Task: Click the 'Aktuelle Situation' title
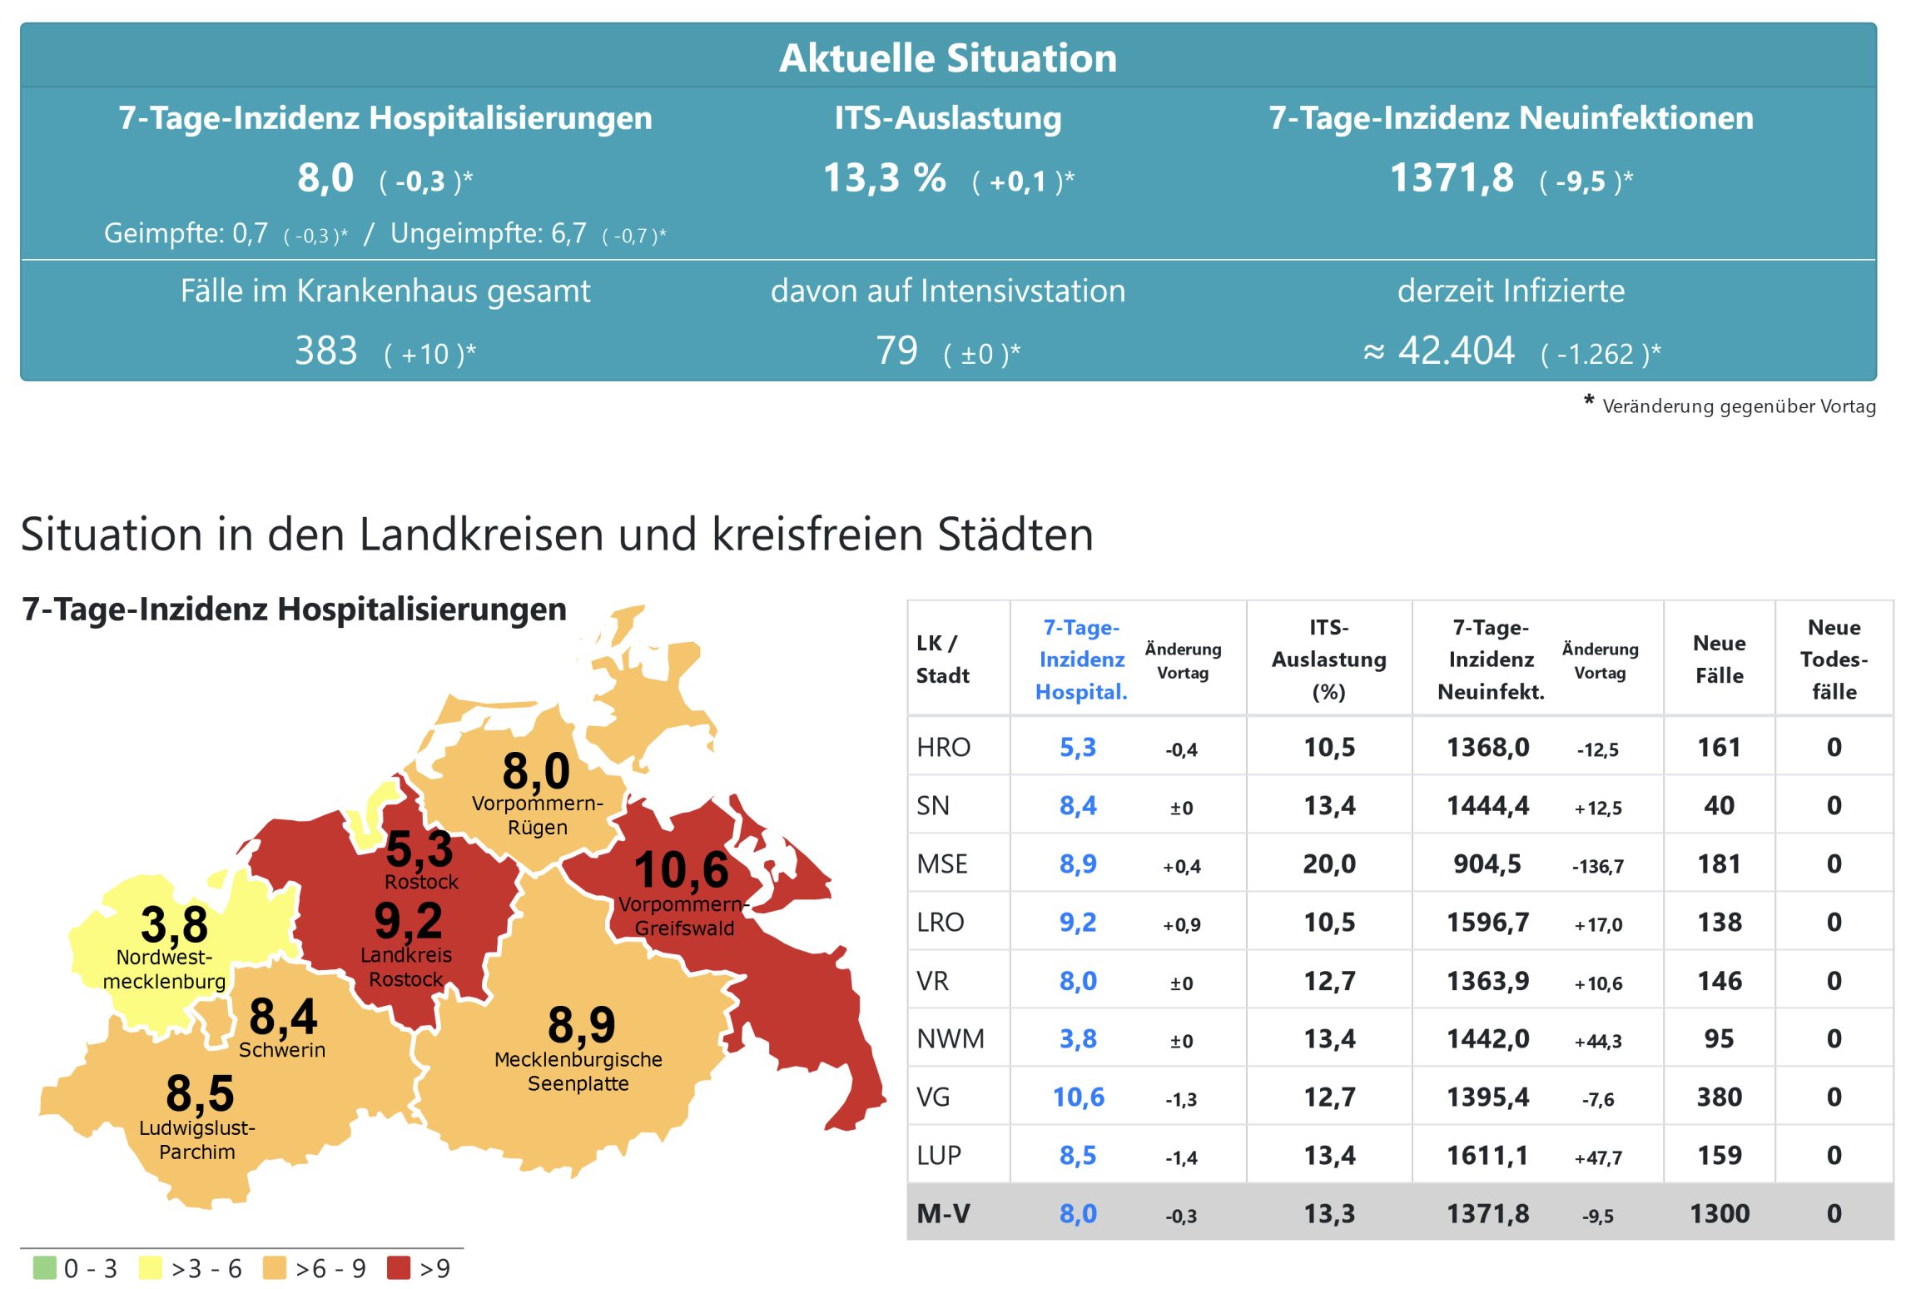pyautogui.click(x=947, y=58)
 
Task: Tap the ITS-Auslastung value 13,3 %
pyautogui.click(x=884, y=178)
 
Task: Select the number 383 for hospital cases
pyautogui.click(x=325, y=351)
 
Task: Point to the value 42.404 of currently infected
pyautogui.click(x=1456, y=351)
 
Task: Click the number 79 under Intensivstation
pyautogui.click(x=896, y=351)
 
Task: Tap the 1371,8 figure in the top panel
pyautogui.click(x=1452, y=178)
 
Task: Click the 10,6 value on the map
pyautogui.click(x=681, y=870)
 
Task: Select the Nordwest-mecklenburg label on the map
pyautogui.click(x=164, y=969)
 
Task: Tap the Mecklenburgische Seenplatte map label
pyautogui.click(x=578, y=1071)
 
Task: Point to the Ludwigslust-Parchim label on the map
pyautogui.click(x=197, y=1140)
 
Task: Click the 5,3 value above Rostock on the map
pyautogui.click(x=419, y=849)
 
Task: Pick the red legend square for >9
pyautogui.click(x=399, y=1267)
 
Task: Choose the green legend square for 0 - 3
pyautogui.click(x=44, y=1267)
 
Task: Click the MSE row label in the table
pyautogui.click(x=942, y=863)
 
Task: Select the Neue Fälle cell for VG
pyautogui.click(x=1719, y=1097)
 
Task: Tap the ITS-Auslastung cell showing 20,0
pyautogui.click(x=1329, y=863)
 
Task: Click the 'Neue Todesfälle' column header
pyautogui.click(x=1834, y=659)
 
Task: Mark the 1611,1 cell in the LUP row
pyautogui.click(x=1487, y=1155)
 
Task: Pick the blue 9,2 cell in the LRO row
pyautogui.click(x=1078, y=922)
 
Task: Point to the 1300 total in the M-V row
pyautogui.click(x=1719, y=1213)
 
